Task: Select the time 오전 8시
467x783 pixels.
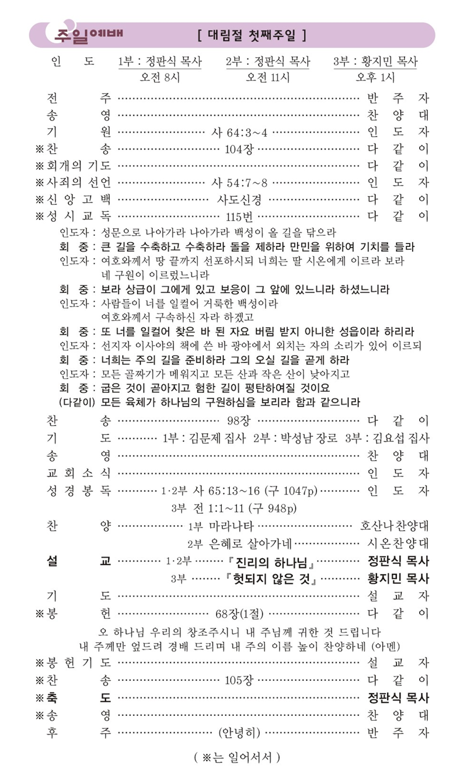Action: click(x=159, y=77)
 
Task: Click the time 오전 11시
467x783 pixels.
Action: click(x=268, y=77)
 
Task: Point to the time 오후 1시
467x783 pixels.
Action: click(x=375, y=77)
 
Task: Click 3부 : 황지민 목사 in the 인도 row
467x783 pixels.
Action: click(x=375, y=62)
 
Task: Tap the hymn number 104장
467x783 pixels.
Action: click(x=239, y=148)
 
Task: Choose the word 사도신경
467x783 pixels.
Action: click(x=239, y=199)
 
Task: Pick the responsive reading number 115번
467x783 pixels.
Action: click(x=239, y=216)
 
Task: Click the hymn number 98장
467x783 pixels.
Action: click(x=239, y=420)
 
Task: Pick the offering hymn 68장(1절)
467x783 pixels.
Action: click(x=239, y=614)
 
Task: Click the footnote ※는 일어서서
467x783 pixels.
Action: click(x=237, y=758)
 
